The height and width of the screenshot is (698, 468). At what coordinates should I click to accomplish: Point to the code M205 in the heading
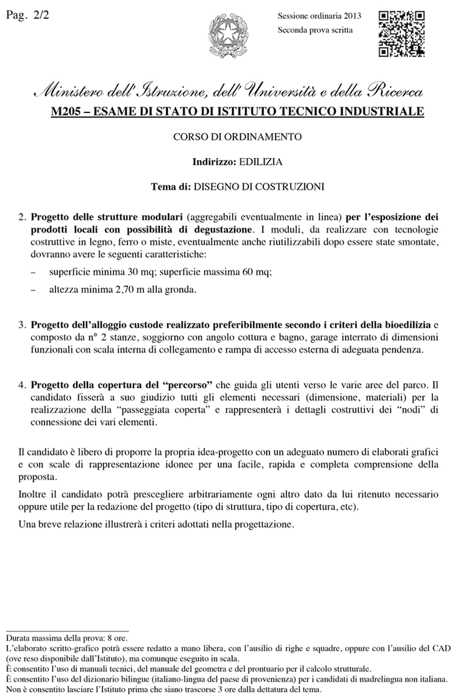click(67, 112)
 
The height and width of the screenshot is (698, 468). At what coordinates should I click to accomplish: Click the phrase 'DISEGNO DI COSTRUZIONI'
click(261, 186)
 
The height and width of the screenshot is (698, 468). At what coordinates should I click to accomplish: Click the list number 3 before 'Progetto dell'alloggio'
click(21, 325)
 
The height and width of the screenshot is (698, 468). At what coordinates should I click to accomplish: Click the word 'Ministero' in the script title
click(71, 92)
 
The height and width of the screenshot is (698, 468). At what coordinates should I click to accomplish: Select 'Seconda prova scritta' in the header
click(314, 29)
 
